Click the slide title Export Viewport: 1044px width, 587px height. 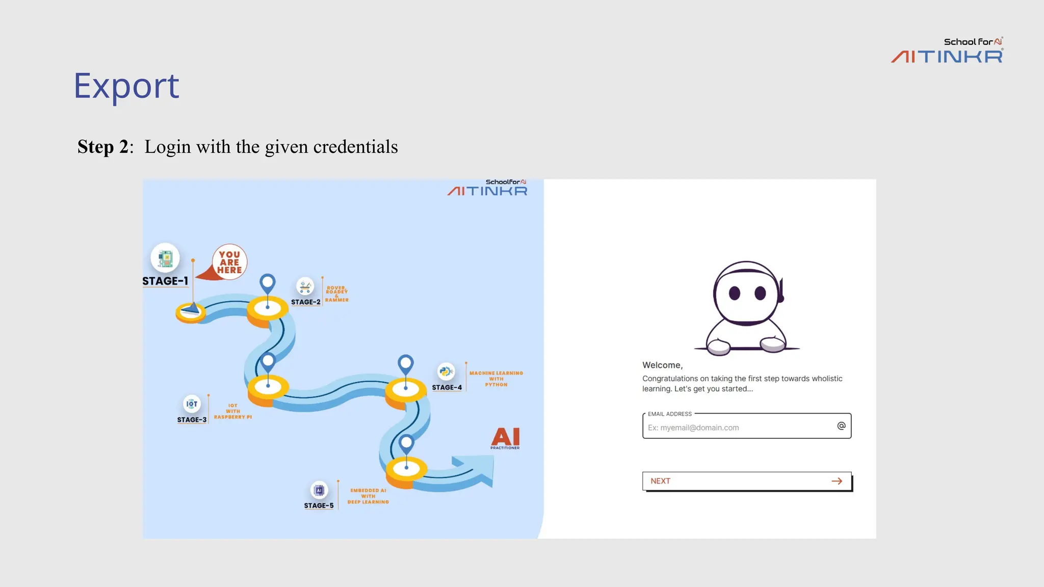click(x=126, y=86)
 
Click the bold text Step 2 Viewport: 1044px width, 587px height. click(x=105, y=147)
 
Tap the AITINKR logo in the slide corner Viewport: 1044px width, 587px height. click(x=947, y=51)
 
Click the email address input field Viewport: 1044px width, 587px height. click(x=739, y=427)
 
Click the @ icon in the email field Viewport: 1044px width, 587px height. click(x=841, y=426)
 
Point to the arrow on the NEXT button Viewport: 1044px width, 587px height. click(x=837, y=481)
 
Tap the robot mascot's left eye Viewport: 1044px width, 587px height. click(x=735, y=293)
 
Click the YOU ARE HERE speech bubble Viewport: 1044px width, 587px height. click(x=229, y=262)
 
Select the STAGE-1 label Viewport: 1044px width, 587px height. click(x=165, y=281)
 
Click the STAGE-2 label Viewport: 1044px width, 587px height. click(x=306, y=302)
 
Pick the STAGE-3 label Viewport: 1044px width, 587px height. click(x=192, y=419)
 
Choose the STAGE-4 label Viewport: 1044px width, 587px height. click(x=447, y=387)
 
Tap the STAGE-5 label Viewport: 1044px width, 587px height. click(x=319, y=505)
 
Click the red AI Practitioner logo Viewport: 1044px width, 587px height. click(x=505, y=438)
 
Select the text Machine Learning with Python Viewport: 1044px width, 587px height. click(x=496, y=379)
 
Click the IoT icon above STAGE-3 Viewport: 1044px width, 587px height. click(x=192, y=404)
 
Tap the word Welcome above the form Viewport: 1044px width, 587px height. click(x=662, y=365)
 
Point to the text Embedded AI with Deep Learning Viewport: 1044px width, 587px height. click(x=368, y=496)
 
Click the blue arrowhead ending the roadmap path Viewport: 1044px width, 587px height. click(x=479, y=469)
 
